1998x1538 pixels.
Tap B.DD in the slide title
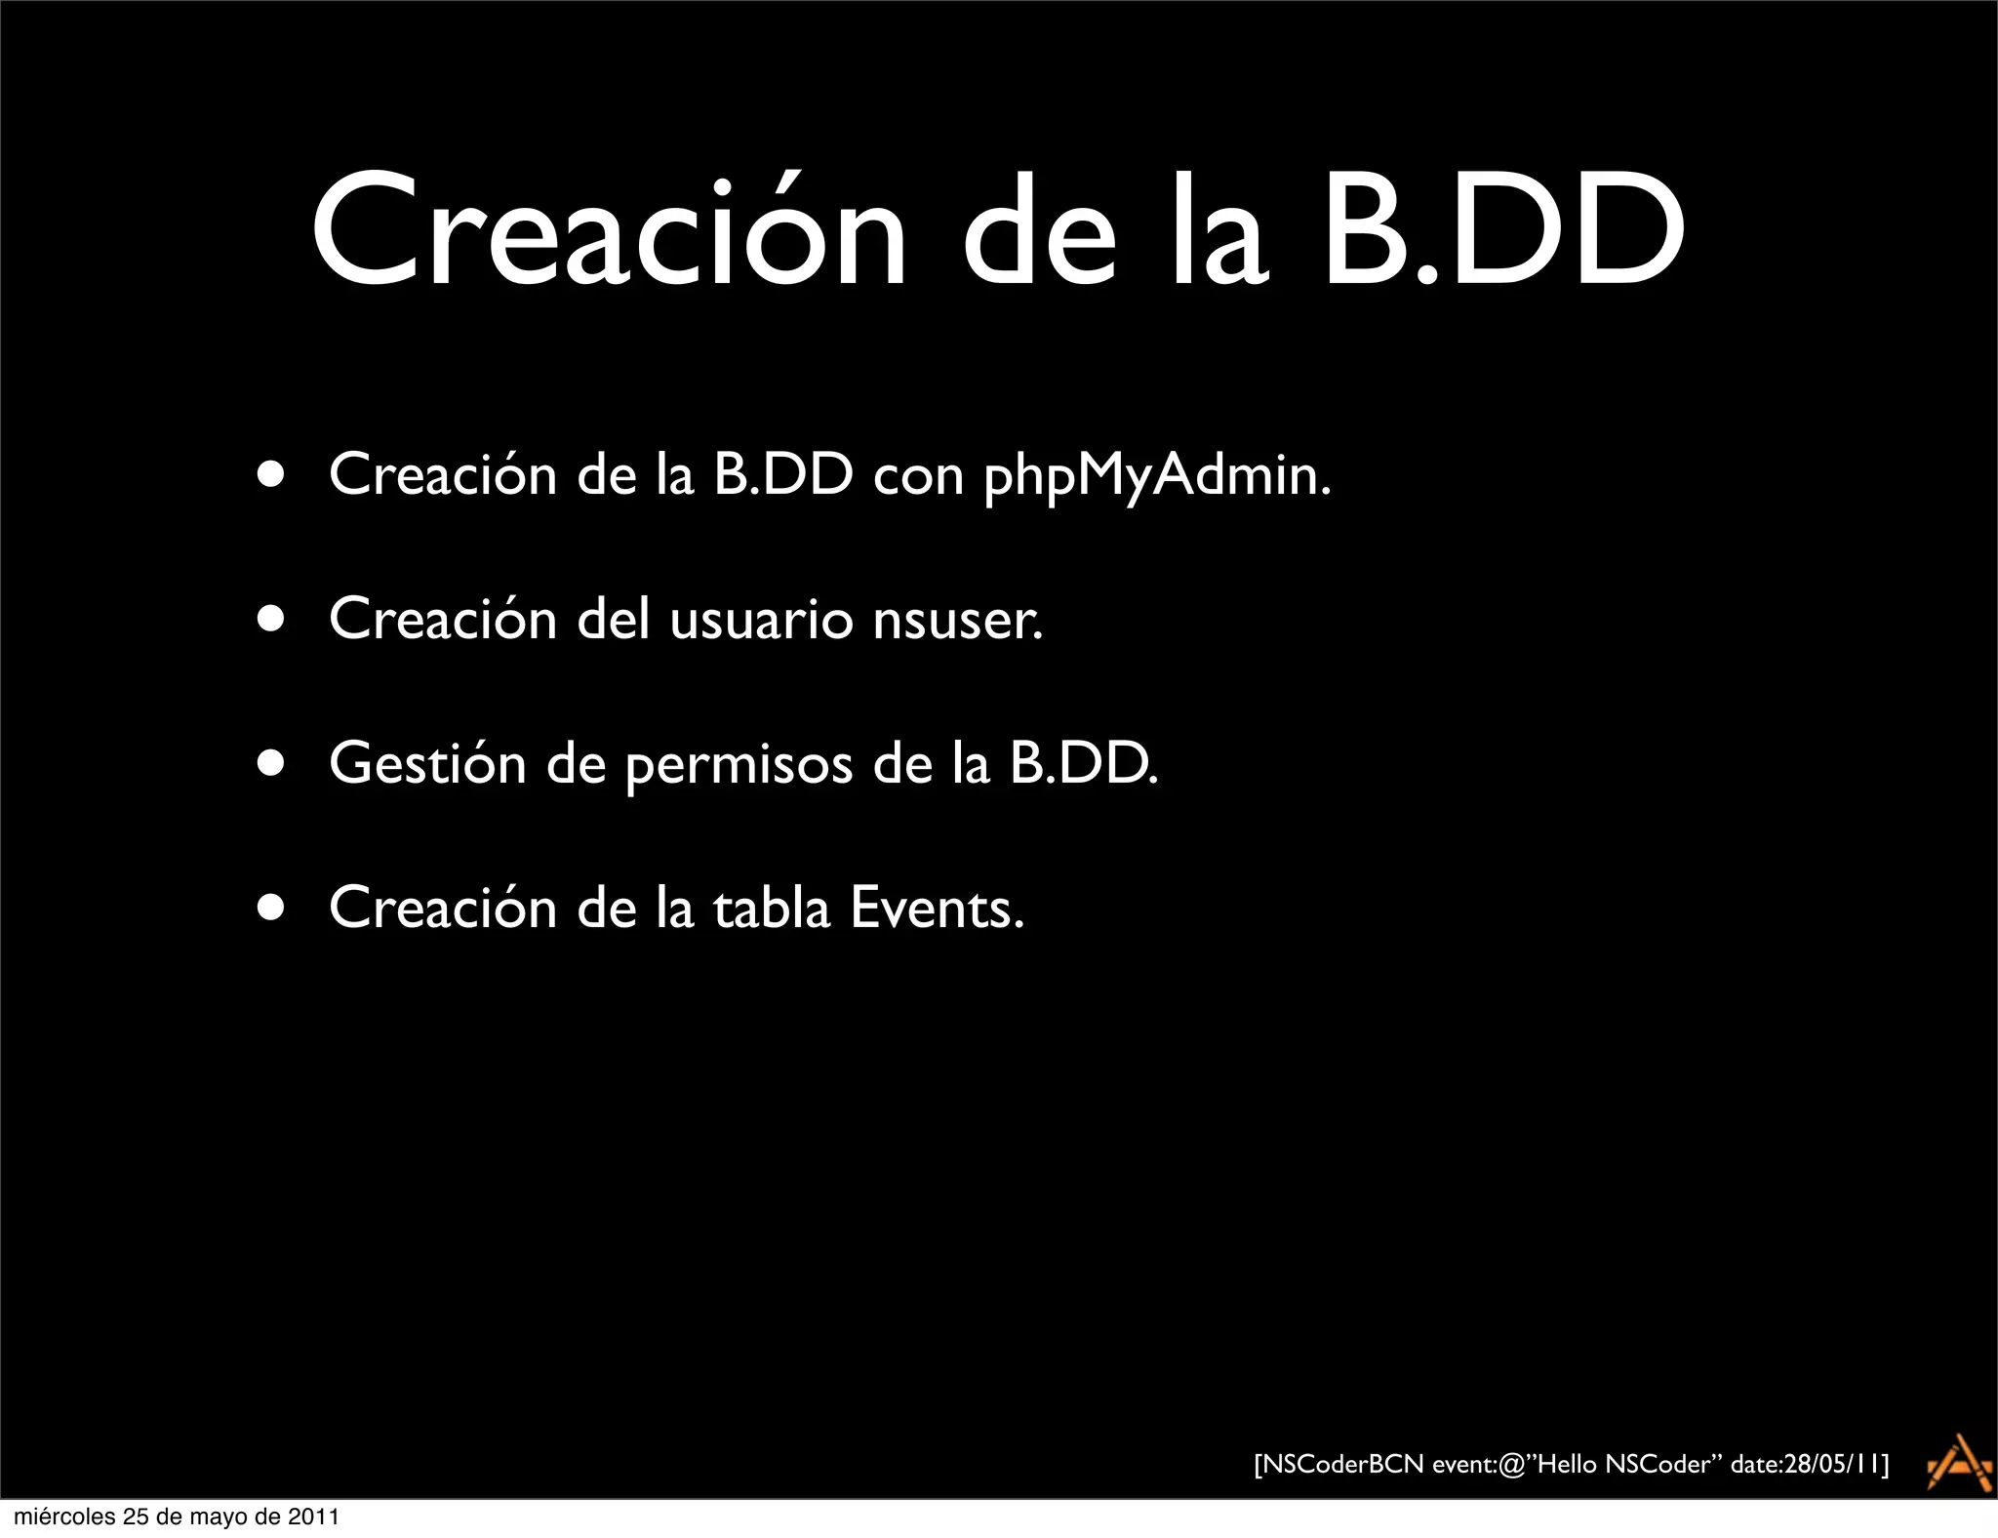click(x=1502, y=232)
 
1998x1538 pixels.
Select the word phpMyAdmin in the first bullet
click(x=1156, y=475)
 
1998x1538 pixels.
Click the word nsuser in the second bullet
click(x=957, y=620)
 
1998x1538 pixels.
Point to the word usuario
click(x=761, y=620)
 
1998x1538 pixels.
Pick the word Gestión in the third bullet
click(x=427, y=763)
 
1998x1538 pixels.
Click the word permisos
click(x=739, y=765)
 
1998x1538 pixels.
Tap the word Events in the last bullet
click(x=937, y=908)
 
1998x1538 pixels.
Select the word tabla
click(x=771, y=908)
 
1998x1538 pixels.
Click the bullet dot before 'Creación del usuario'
click(x=271, y=620)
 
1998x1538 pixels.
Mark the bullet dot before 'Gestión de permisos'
click(x=271, y=764)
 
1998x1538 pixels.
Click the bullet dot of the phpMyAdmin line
click(x=271, y=475)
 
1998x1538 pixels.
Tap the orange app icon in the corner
click(x=1959, y=1462)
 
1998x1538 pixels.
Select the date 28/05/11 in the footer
click(x=1831, y=1464)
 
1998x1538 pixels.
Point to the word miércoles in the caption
click(x=64, y=1517)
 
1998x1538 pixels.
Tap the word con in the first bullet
click(x=918, y=475)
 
